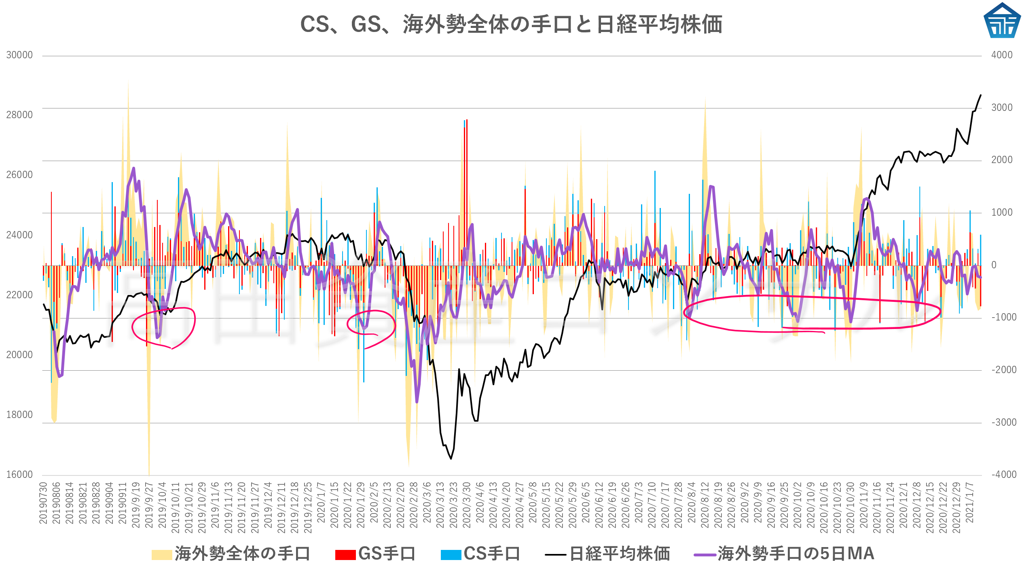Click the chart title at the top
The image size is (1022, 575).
click(511, 24)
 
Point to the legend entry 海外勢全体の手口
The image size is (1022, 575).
click(231, 554)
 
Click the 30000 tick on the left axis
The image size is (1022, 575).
click(19, 55)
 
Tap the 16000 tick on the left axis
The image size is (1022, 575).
click(19, 474)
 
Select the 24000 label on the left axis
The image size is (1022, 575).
click(19, 235)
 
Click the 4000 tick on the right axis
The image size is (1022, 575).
click(1001, 55)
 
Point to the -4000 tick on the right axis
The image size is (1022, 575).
click(1003, 474)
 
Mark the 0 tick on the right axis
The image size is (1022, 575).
click(994, 265)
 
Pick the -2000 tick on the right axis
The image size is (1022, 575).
click(1003, 369)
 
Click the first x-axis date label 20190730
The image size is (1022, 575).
click(43, 503)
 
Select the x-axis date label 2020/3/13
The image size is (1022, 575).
click(440, 505)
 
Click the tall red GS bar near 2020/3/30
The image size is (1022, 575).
click(467, 190)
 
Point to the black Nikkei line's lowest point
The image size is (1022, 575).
click(451, 458)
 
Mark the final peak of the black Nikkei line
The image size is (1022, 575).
click(980, 95)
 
